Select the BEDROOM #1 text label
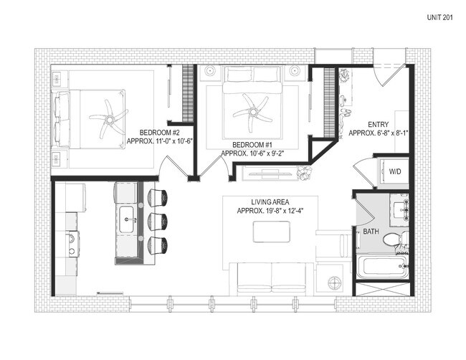252,144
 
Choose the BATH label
371,232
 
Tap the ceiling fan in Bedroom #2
108,119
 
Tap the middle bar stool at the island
159,219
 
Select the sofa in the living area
271,276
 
